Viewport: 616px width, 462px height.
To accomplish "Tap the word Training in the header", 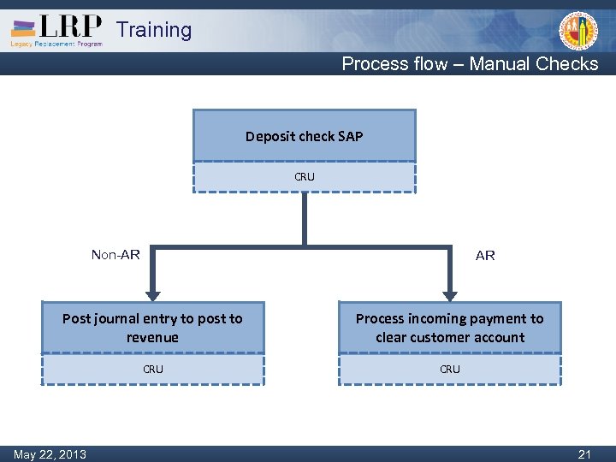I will [154, 30].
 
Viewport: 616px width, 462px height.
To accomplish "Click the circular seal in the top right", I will [578, 32].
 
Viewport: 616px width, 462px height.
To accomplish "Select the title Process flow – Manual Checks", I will [470, 63].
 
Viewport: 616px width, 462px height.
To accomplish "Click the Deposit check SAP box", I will [305, 136].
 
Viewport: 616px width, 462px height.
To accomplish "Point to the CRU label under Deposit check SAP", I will [305, 177].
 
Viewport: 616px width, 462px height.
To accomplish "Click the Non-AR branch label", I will [115, 254].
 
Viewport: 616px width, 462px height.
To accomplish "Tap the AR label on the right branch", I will [485, 255].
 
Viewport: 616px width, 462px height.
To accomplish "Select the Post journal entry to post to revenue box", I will [152, 328].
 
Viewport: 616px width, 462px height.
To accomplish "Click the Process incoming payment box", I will [449, 328].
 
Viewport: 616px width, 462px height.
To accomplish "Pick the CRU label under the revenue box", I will [152, 370].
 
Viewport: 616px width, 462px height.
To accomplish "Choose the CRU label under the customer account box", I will [449, 370].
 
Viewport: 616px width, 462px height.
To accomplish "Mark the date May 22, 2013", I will [50, 454].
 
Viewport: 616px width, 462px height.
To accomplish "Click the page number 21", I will [584, 454].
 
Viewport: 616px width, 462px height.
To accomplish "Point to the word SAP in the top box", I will [351, 136].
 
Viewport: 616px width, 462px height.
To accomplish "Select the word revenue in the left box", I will [152, 337].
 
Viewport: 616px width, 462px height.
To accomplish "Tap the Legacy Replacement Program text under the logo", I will [56, 44].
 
